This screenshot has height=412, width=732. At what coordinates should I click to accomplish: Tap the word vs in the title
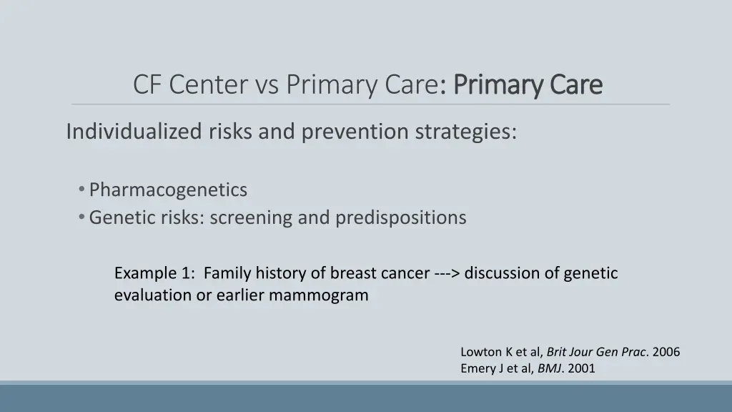267,85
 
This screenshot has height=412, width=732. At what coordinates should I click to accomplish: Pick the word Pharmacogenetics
168,190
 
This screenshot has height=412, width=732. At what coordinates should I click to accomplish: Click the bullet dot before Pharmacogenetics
83,190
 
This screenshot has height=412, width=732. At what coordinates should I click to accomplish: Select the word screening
251,217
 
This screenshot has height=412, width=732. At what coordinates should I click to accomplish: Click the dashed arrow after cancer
447,273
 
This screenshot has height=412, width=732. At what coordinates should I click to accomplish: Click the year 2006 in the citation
666,352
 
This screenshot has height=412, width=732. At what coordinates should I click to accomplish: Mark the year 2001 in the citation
582,369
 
